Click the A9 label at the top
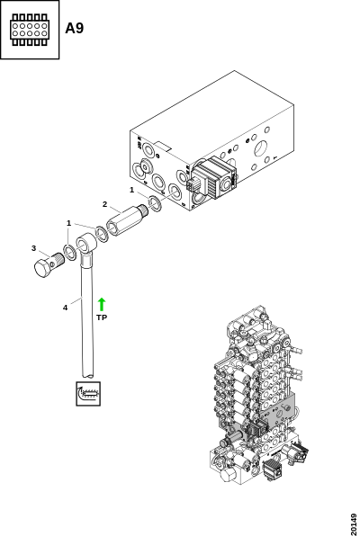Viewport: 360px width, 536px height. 75,28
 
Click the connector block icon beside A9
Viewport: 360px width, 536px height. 30,30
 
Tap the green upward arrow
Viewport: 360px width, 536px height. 102,304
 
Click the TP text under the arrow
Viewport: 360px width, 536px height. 102,317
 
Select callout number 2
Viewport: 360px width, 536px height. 104,204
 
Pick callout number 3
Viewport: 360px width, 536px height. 33,248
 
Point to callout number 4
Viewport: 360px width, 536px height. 65,308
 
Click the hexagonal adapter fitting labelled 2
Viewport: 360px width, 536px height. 122,220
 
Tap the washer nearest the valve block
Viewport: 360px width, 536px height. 156,203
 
